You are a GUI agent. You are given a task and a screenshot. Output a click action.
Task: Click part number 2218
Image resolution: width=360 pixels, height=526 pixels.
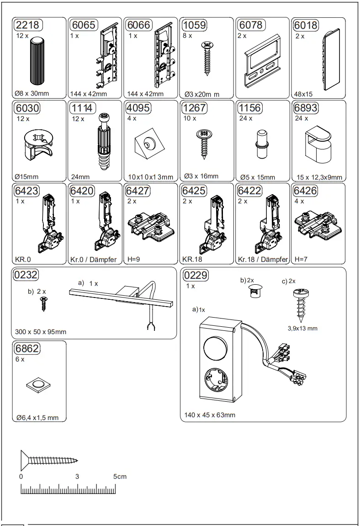click(x=27, y=25)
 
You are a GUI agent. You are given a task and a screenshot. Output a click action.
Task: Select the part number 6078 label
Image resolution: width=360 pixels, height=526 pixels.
click(x=250, y=25)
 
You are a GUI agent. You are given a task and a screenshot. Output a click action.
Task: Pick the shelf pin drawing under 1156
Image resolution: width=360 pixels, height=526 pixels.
click(x=261, y=143)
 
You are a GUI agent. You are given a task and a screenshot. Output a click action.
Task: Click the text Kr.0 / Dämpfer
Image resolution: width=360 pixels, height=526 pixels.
click(x=94, y=260)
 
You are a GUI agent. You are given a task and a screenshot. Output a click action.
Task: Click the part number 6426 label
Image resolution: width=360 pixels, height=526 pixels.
click(x=306, y=190)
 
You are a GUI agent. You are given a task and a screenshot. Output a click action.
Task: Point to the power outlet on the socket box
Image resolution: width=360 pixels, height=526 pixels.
click(x=213, y=379)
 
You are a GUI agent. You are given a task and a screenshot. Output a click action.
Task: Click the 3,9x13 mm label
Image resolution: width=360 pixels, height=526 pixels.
click(x=302, y=328)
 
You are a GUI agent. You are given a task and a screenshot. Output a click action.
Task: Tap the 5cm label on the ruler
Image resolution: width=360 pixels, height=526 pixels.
click(x=120, y=476)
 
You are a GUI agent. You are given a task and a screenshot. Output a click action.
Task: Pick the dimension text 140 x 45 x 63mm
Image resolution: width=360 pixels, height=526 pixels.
click(x=210, y=415)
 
